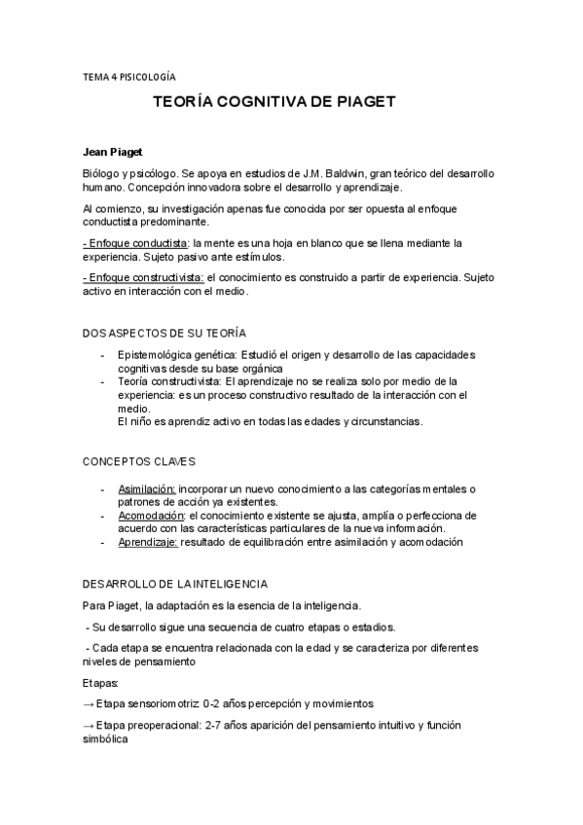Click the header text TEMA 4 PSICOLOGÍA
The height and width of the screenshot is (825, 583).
click(x=129, y=75)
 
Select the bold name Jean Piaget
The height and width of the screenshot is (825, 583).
click(x=112, y=152)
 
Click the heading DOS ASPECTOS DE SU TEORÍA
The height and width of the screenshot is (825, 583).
click(x=164, y=333)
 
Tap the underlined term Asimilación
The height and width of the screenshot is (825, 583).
click(x=147, y=488)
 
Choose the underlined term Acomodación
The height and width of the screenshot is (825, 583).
click(x=151, y=515)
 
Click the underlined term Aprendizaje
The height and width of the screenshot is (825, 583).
click(x=147, y=542)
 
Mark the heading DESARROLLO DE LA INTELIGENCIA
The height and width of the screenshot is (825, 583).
click(x=175, y=583)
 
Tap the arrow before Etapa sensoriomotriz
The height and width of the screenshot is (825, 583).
click(x=89, y=703)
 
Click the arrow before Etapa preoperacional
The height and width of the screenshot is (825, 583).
click(x=89, y=726)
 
